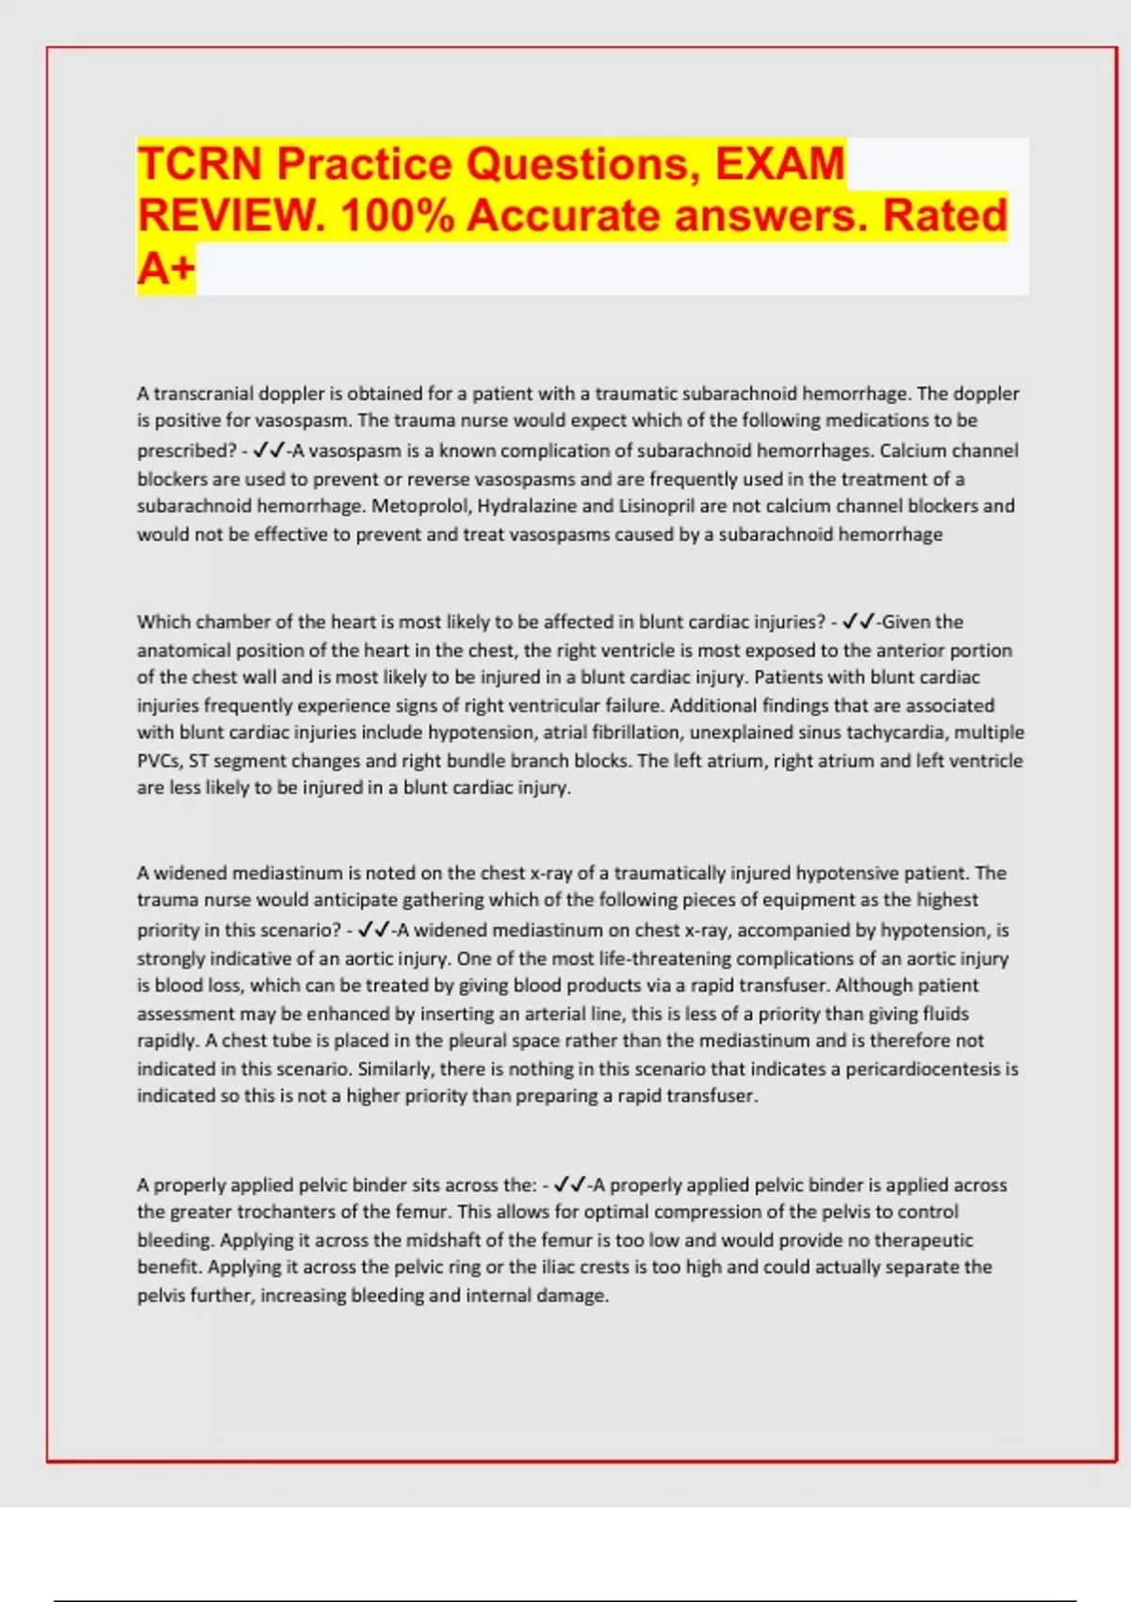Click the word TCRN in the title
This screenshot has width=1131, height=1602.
coord(200,164)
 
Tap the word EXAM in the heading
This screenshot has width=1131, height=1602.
coord(779,164)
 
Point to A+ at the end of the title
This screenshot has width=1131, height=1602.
coord(166,269)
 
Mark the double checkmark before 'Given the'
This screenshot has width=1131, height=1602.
coord(860,622)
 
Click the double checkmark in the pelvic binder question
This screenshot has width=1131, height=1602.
coord(570,1185)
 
